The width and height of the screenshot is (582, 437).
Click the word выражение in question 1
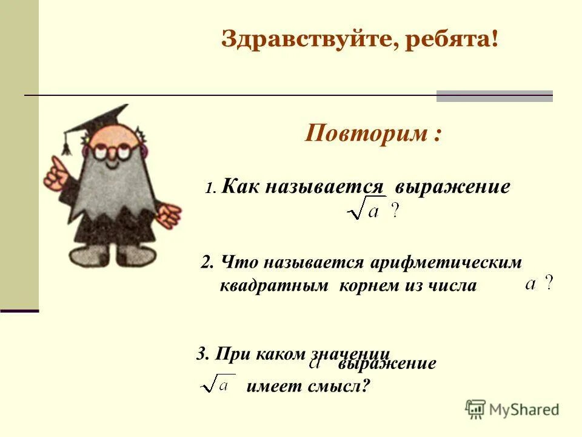coord(452,186)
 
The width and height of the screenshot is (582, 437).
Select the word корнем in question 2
coord(367,286)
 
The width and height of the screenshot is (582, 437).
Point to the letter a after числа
coord(531,284)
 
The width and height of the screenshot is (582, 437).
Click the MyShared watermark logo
coord(512,409)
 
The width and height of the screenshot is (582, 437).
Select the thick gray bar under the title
coord(494,96)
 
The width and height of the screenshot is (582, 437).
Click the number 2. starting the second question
coord(208,263)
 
